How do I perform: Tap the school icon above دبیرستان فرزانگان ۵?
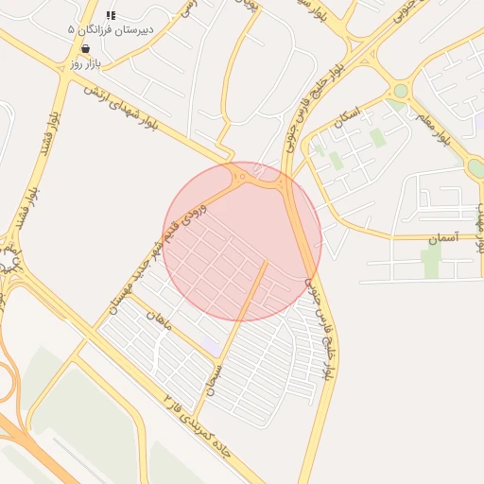point(111,15)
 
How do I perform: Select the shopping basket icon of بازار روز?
point(86,48)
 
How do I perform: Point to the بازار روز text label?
point(85,63)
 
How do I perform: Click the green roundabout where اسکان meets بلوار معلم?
point(400,91)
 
